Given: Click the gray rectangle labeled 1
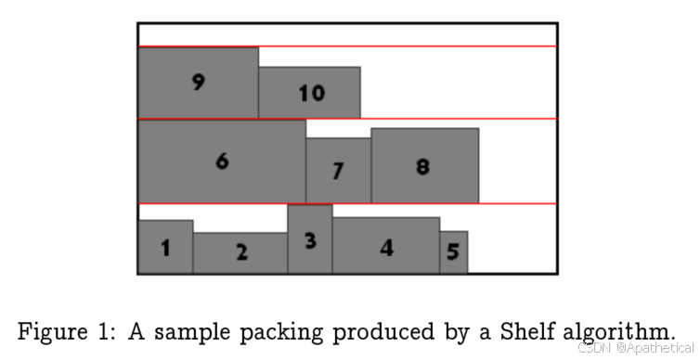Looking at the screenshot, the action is click(165, 247).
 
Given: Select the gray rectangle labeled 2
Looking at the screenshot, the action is click(240, 252).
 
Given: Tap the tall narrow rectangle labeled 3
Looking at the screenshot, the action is click(310, 239).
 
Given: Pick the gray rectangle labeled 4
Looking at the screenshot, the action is click(386, 246).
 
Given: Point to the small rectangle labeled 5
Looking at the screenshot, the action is click(453, 252).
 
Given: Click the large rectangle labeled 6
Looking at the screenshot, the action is click(222, 161).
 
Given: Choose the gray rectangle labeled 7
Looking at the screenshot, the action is click(338, 171).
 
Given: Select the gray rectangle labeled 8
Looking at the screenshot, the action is click(424, 166).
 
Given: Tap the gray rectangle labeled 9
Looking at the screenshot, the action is click(198, 83).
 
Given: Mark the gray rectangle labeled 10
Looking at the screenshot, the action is click(309, 93).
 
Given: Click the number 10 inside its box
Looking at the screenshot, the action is click(311, 93).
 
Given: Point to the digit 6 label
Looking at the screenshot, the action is click(222, 161).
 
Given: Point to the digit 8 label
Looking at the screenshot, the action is click(423, 167).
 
